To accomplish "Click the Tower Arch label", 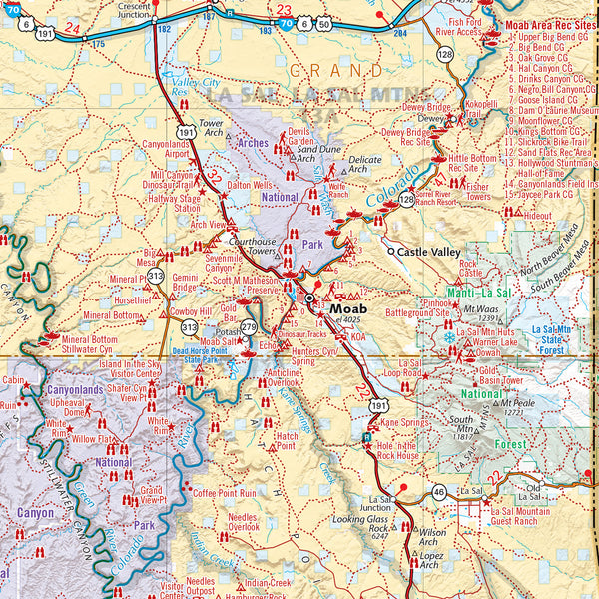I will point(212,128).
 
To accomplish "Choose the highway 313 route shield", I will point(156,276).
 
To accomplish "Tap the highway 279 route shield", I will point(249,327).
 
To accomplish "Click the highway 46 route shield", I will point(438,491).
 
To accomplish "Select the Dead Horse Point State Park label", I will point(206,354).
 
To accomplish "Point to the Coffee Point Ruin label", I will point(225,493).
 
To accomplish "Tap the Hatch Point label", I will point(286,441).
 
